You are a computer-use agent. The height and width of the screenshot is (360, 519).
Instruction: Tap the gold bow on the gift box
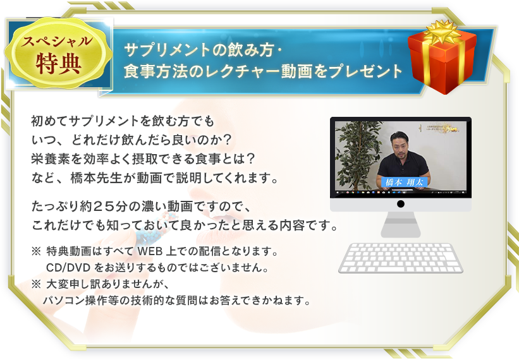coord(443,32)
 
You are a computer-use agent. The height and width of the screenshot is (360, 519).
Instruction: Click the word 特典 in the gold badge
coord(59,63)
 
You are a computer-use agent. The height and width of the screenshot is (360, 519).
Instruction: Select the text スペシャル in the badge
coord(57,41)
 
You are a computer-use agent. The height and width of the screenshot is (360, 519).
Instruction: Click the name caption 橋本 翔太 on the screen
coord(405,182)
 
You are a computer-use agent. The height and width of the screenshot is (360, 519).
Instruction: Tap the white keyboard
coord(401,258)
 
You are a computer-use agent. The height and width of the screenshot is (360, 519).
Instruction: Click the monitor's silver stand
coord(401,224)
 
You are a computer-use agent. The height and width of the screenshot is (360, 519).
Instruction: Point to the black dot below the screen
coord(401,203)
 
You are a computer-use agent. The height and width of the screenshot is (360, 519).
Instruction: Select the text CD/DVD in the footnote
coord(68,267)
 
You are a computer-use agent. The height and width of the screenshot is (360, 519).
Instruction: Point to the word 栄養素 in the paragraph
coord(51,159)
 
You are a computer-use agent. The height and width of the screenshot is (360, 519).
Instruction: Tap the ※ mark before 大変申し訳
coord(36,284)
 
